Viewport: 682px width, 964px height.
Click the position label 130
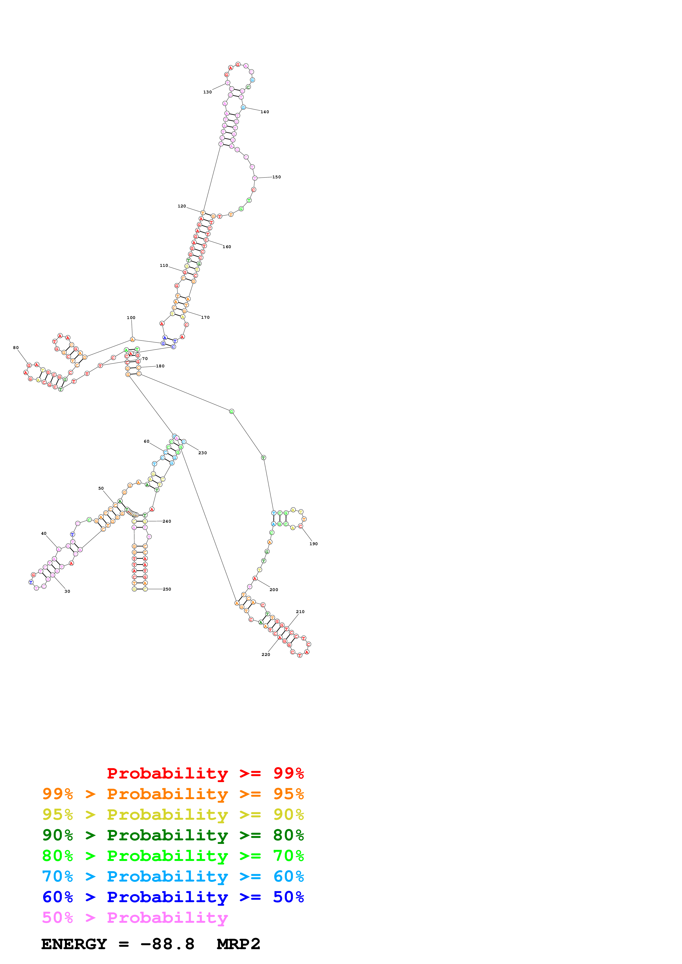pos(208,92)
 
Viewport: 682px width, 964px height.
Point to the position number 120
pos(182,206)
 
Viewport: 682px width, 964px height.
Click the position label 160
pos(227,247)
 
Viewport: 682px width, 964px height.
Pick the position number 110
pos(164,265)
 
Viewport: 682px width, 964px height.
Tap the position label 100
pos(131,318)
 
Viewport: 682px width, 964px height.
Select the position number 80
pos(16,348)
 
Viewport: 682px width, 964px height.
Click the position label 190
pos(313,544)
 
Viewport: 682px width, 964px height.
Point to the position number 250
pos(167,589)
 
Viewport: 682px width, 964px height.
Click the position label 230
pos(202,453)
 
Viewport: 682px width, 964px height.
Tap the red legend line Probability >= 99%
pos(205,773)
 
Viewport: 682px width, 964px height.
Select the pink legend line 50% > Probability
pos(135,917)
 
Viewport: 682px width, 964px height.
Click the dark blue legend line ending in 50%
pos(173,897)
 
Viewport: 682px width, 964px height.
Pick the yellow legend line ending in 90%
pos(173,815)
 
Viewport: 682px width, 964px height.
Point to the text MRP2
pos(238,944)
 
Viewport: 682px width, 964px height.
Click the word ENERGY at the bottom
pos(74,944)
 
